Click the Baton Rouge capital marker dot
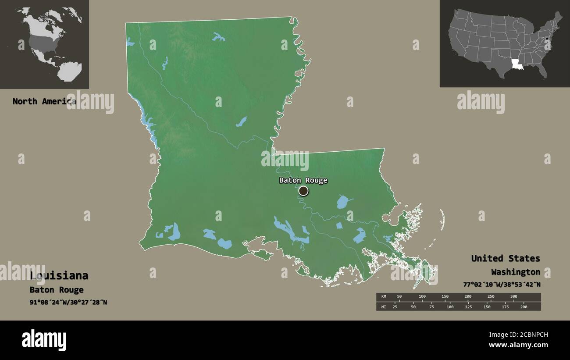tap(303, 191)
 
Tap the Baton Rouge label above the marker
tap(303, 180)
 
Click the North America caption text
tap(44, 101)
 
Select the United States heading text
tap(505, 258)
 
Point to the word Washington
tap(515, 272)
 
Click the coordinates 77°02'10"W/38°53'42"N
tap(502, 284)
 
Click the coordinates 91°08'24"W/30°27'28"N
tap(68, 302)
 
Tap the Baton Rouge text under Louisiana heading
tap(57, 290)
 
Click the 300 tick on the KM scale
tap(513, 297)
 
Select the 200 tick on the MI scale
tap(523, 307)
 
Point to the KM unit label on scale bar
tap(384, 297)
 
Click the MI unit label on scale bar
tap(384, 307)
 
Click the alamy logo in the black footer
tap(44, 340)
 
